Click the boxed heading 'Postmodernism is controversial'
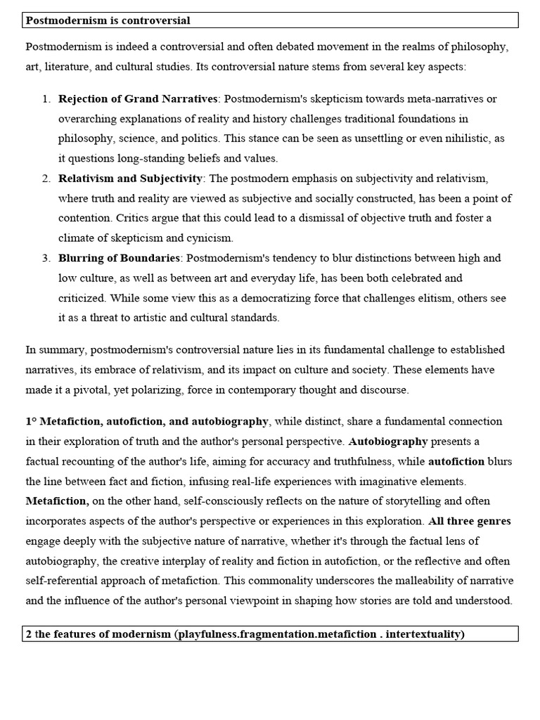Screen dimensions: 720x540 coord(108,20)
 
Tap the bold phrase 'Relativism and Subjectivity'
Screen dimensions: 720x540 coord(130,179)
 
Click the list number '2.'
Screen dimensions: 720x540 coord(46,179)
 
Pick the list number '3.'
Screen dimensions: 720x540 coord(46,258)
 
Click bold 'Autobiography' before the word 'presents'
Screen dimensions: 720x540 coord(388,442)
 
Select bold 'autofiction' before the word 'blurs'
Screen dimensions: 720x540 coord(456,462)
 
